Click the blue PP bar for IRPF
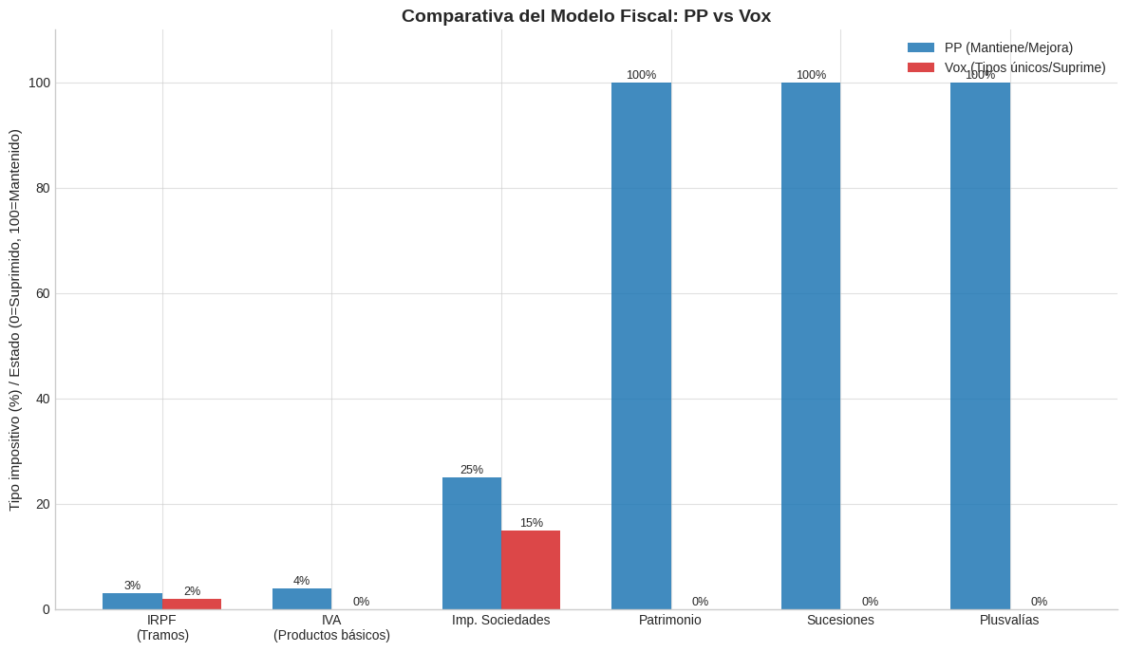click(132, 601)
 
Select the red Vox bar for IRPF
click(192, 604)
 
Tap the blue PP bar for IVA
click(302, 599)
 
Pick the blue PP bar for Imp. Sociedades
click(472, 544)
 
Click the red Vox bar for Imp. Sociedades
click(531, 570)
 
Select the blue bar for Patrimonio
click(641, 346)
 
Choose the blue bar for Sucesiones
click(811, 346)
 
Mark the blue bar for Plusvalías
click(981, 346)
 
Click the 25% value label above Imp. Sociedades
click(472, 470)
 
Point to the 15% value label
click(531, 523)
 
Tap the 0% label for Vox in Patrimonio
click(700, 602)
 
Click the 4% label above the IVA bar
click(301, 580)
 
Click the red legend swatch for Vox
click(921, 67)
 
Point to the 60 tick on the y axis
click(43, 293)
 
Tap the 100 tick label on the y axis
click(39, 84)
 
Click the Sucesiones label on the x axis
click(840, 620)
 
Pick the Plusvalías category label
click(1009, 620)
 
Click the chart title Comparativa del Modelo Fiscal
click(586, 16)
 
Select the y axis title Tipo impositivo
click(15, 320)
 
